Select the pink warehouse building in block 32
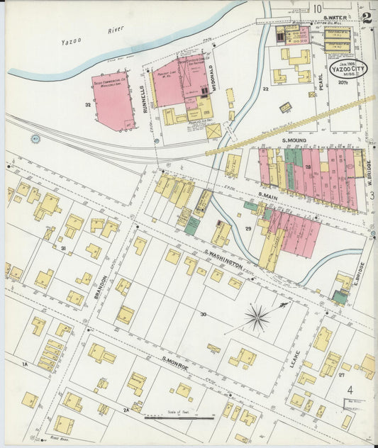point(113,100)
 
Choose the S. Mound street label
point(294,140)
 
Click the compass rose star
point(257,317)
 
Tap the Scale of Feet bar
point(179,418)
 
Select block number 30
point(204,313)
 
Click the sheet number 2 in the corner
point(366,18)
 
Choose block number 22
point(265,89)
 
